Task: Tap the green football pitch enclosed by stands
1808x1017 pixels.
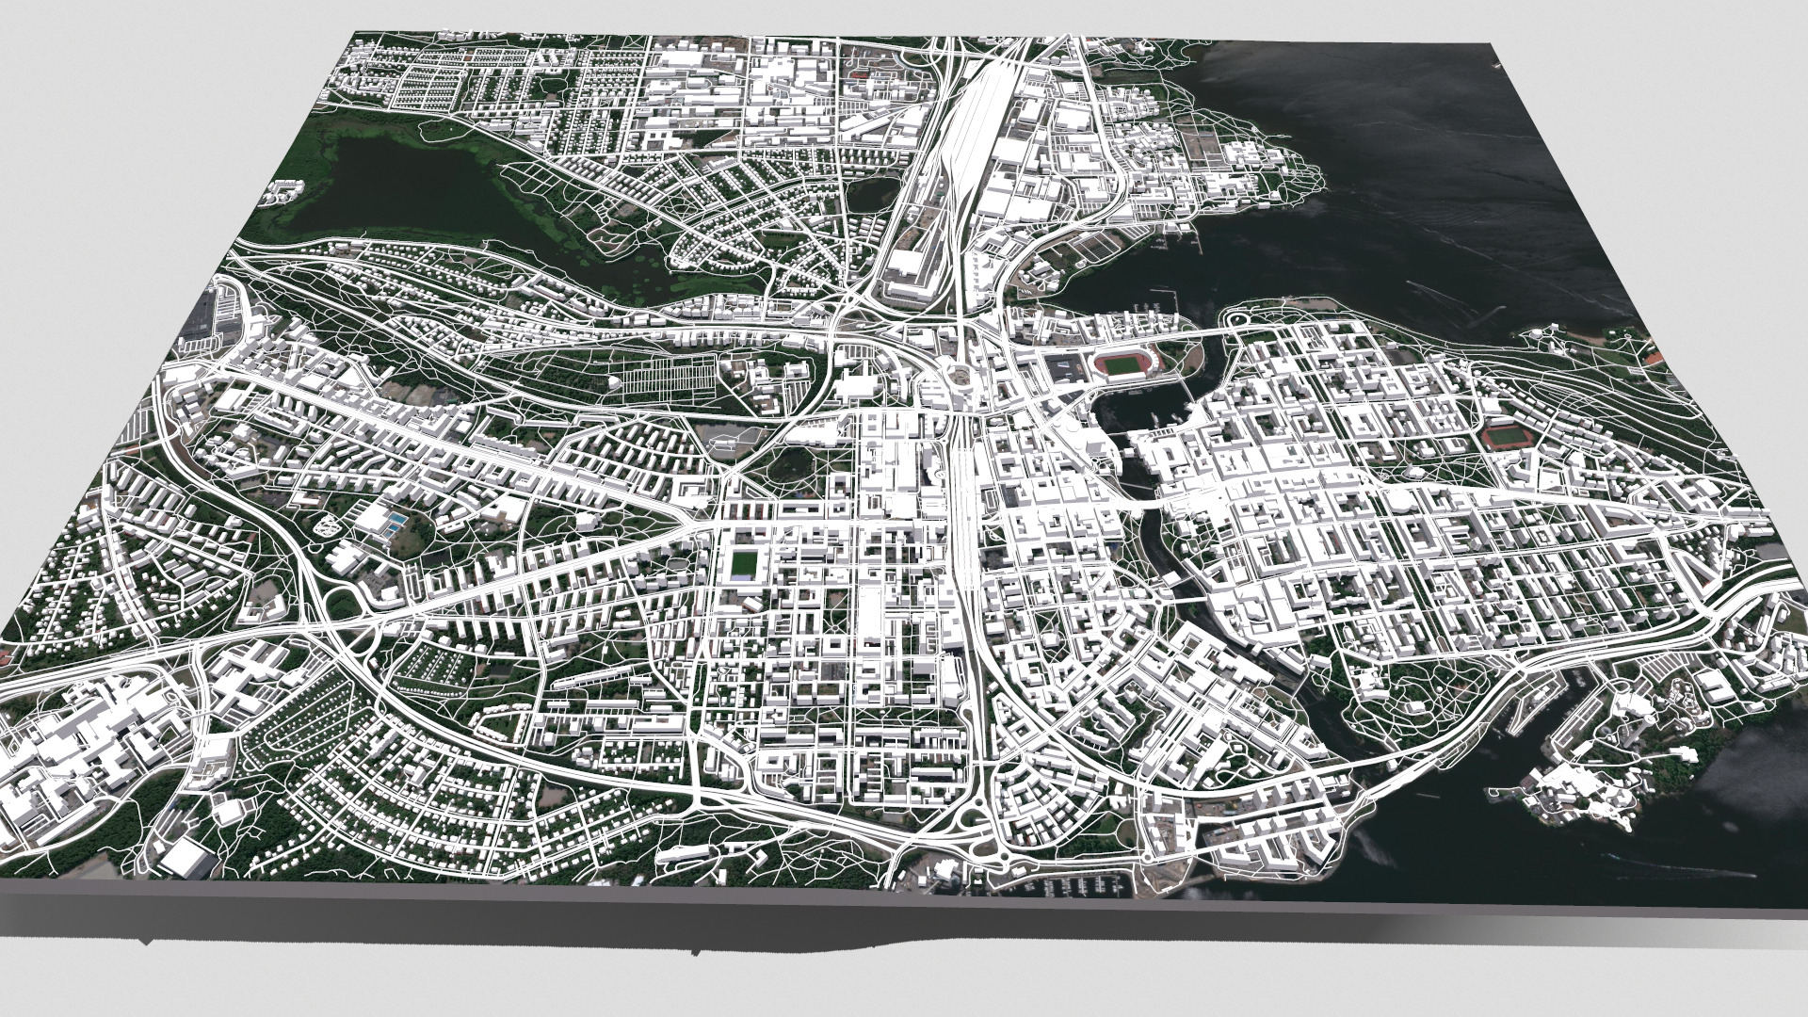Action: pyautogui.click(x=745, y=564)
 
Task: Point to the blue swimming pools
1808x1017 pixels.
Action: pyautogui.click(x=398, y=520)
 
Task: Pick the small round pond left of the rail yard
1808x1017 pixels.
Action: pyautogui.click(x=868, y=196)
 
